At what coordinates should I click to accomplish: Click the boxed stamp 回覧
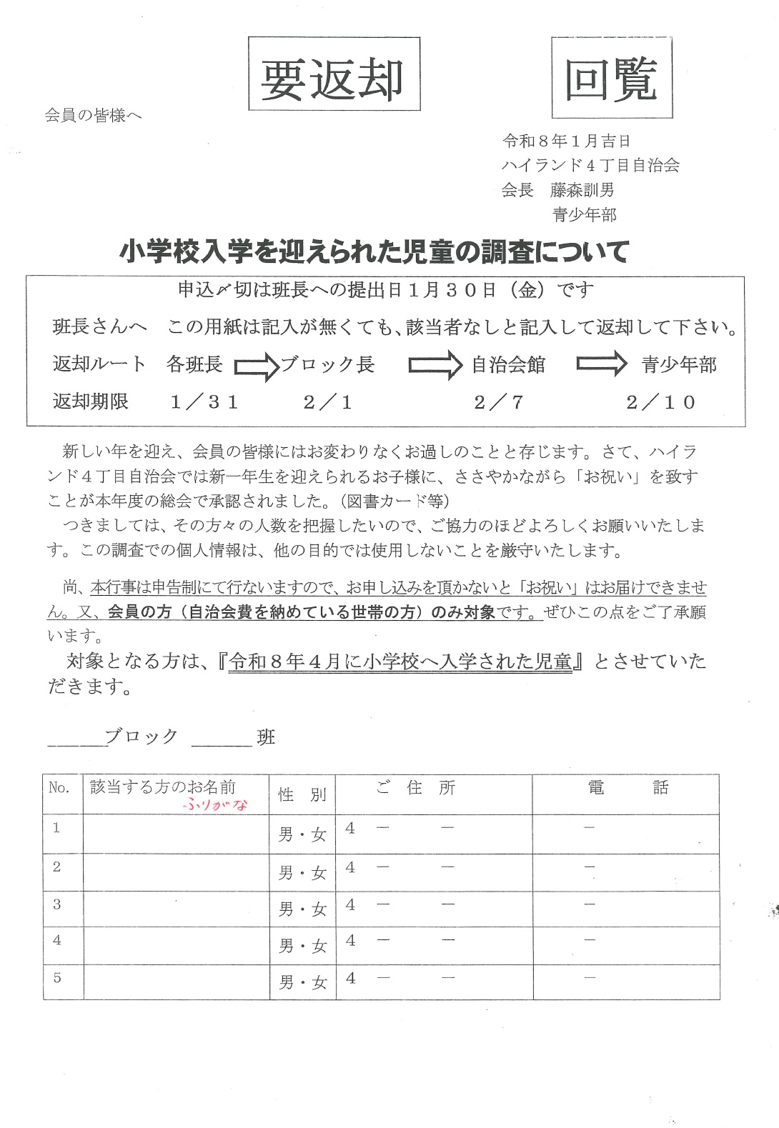[x=612, y=78]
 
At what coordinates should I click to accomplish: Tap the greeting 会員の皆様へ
[x=94, y=115]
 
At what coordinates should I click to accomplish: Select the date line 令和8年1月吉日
[x=567, y=141]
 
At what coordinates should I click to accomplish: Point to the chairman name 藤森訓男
[x=582, y=190]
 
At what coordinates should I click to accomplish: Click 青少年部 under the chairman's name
[x=584, y=214]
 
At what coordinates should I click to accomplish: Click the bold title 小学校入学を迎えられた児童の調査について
[x=374, y=251]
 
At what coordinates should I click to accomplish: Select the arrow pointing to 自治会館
[x=435, y=365]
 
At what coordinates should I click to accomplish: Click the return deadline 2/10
[x=660, y=402]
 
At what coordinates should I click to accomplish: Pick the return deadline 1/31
[x=204, y=402]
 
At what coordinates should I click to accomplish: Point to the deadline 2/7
[x=499, y=402]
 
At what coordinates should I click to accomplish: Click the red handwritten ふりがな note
[x=215, y=804]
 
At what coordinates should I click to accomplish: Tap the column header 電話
[x=627, y=788]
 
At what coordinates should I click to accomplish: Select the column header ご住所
[x=415, y=788]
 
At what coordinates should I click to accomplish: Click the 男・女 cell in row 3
[x=302, y=909]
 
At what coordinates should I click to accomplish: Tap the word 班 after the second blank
[x=266, y=738]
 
